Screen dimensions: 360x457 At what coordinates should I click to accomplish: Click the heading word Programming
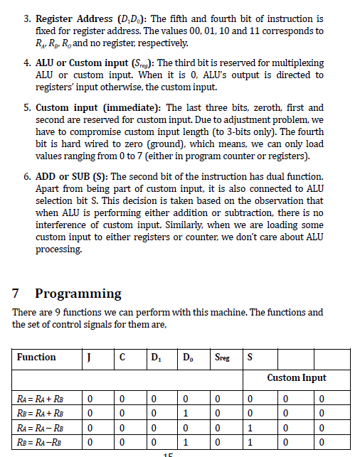click(78, 294)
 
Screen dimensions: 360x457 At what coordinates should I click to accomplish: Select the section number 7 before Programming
click(17, 294)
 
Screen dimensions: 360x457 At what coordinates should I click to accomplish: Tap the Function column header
click(36, 357)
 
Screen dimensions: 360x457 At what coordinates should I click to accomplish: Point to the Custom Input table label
click(297, 377)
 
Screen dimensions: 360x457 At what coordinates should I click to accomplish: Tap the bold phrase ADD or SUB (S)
click(70, 176)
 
